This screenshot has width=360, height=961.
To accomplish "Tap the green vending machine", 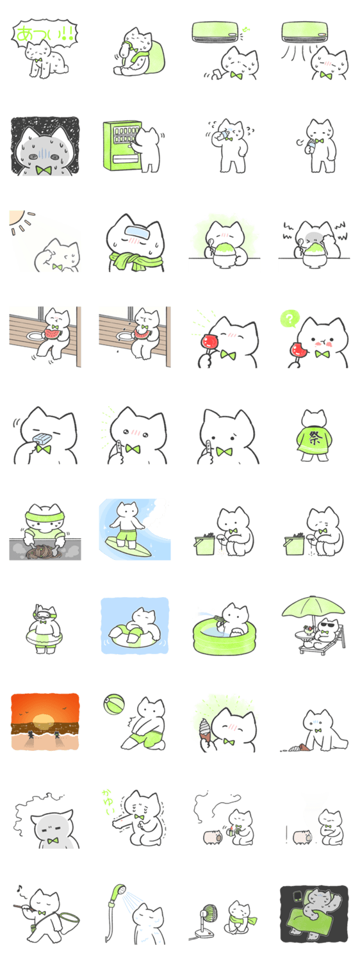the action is click(122, 146).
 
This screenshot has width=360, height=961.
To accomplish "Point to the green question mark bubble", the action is click(290, 319).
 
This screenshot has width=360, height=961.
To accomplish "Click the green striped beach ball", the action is click(114, 703).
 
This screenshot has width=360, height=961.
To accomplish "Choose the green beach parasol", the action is click(313, 608).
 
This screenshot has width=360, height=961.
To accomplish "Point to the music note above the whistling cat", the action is click(19, 888).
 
